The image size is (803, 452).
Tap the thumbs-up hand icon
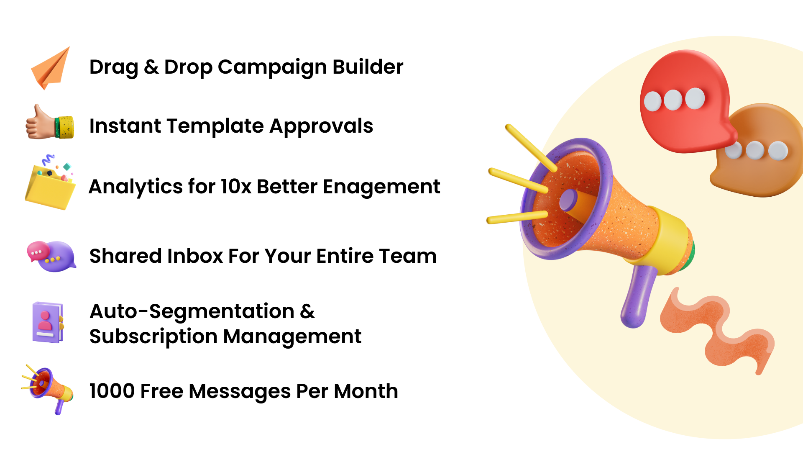coord(49,123)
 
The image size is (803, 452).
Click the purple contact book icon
coord(48,322)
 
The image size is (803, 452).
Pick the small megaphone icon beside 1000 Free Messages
coord(48,389)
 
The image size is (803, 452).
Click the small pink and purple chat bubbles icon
coord(51,256)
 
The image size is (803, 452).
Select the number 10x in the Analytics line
coord(236,187)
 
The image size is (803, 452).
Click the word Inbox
coord(195,256)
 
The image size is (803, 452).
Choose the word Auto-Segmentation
coord(192,311)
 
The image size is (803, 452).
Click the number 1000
coord(112,391)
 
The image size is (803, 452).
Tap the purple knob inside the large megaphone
coord(568,200)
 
